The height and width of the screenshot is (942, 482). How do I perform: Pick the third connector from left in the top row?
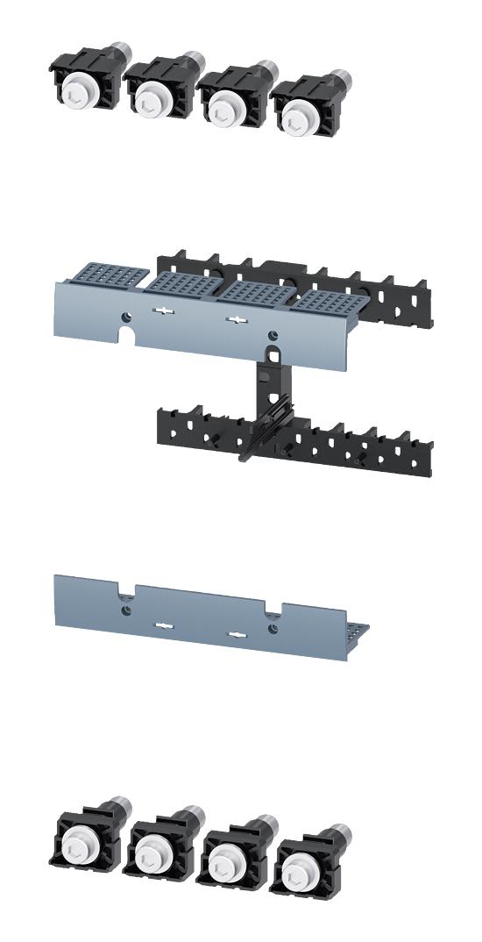click(x=226, y=98)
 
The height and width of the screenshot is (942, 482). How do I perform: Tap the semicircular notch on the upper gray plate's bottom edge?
click(x=126, y=336)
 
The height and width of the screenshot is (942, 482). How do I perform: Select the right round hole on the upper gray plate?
click(x=273, y=334)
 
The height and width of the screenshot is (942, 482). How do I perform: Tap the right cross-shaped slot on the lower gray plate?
click(x=233, y=632)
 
